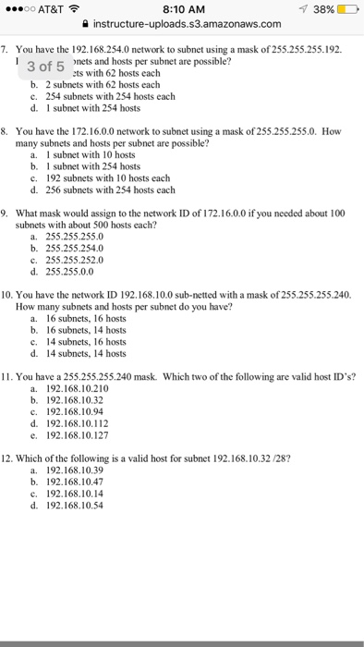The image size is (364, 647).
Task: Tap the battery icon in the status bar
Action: coord(346,8)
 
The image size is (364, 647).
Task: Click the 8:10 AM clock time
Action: coord(181,8)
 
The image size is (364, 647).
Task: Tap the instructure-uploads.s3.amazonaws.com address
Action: coord(188,25)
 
